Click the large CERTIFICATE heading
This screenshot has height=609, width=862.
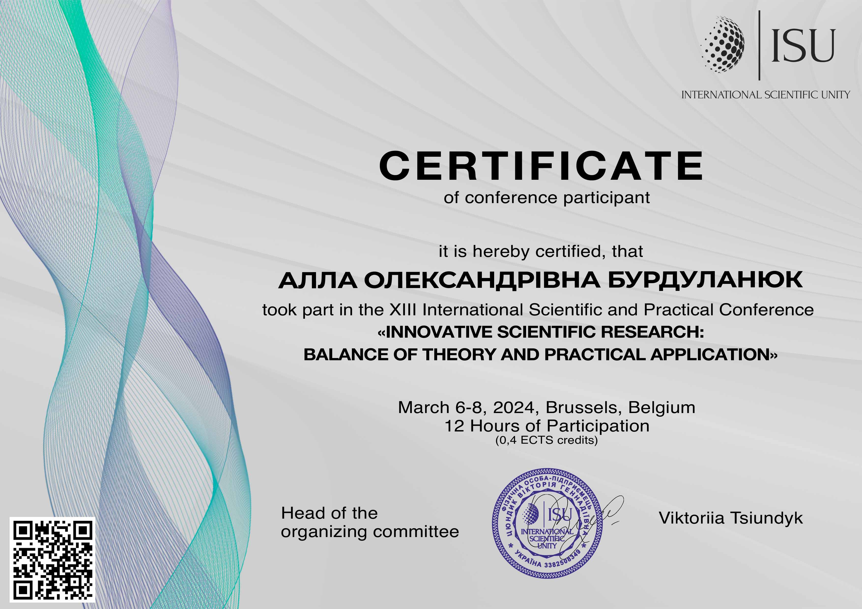pyautogui.click(x=541, y=166)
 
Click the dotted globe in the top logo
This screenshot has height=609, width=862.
pyautogui.click(x=722, y=44)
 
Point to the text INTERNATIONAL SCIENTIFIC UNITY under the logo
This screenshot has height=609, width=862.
pyautogui.click(x=765, y=95)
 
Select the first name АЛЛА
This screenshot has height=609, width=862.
pyautogui.click(x=318, y=280)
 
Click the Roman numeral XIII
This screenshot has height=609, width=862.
pyautogui.click(x=403, y=310)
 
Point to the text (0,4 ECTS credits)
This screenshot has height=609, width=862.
pyautogui.click(x=546, y=440)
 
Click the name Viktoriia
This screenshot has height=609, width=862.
pyautogui.click(x=691, y=518)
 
